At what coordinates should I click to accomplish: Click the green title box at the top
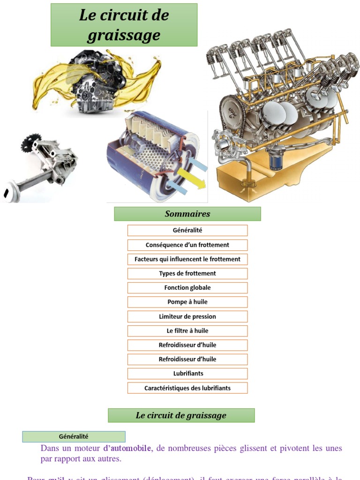(x=124, y=25)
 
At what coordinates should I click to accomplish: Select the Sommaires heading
(x=187, y=214)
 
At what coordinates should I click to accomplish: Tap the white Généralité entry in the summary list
(x=187, y=230)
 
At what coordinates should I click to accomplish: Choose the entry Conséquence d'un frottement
(x=187, y=245)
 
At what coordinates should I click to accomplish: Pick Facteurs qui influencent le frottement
(x=187, y=259)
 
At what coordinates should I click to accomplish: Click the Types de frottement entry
(x=187, y=273)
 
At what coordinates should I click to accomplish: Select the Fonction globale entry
(x=187, y=288)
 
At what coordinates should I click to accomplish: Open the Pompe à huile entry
(x=187, y=302)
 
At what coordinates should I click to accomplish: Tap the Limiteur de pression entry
(x=187, y=316)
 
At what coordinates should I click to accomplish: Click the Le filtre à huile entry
(x=187, y=331)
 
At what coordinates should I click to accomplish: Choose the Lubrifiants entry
(x=187, y=374)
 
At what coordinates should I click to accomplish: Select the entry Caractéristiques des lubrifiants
(x=187, y=388)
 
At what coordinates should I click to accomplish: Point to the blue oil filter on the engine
(x=276, y=159)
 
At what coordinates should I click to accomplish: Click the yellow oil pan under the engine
(x=277, y=180)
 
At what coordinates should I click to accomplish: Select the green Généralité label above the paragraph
(x=74, y=436)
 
